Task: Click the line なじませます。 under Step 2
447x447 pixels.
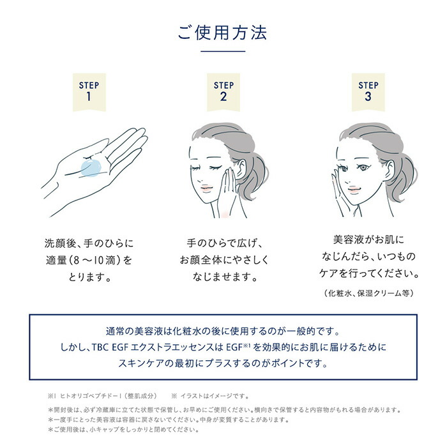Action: pos(223,277)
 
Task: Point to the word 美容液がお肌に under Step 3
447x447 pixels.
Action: pos(368,241)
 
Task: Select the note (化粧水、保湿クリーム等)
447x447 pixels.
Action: pos(368,293)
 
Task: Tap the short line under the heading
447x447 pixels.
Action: pos(223,51)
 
